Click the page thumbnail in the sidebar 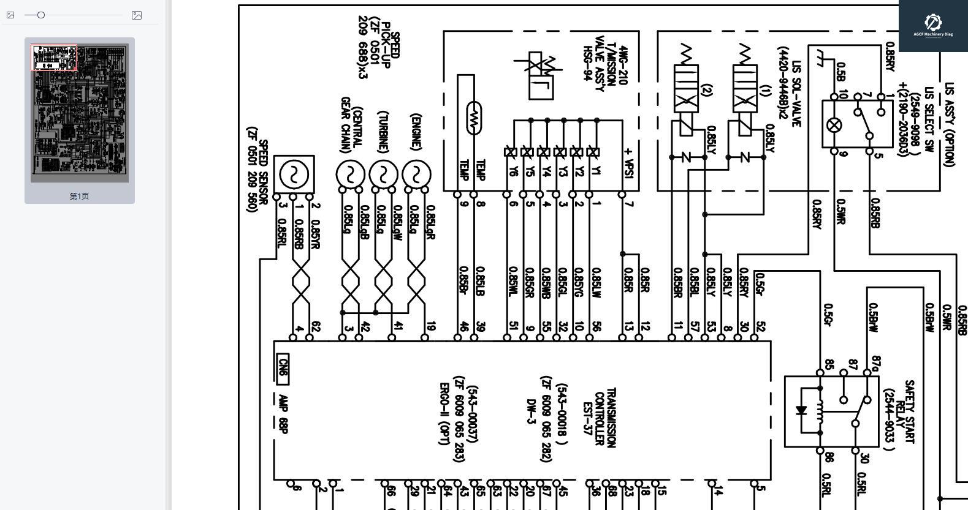(x=80, y=113)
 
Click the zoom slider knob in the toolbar (x=41, y=15)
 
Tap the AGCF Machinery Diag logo (x=932, y=25)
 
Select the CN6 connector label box (x=283, y=369)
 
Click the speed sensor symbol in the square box (x=294, y=174)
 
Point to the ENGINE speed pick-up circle (x=417, y=174)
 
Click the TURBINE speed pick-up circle (x=384, y=174)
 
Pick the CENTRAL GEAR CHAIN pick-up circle (x=350, y=174)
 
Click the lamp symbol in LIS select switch (x=834, y=125)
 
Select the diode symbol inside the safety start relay (x=801, y=410)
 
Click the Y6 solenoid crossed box (x=510, y=152)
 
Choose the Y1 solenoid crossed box (x=592, y=152)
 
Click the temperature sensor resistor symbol (x=473, y=118)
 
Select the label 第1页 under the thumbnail (x=79, y=196)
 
